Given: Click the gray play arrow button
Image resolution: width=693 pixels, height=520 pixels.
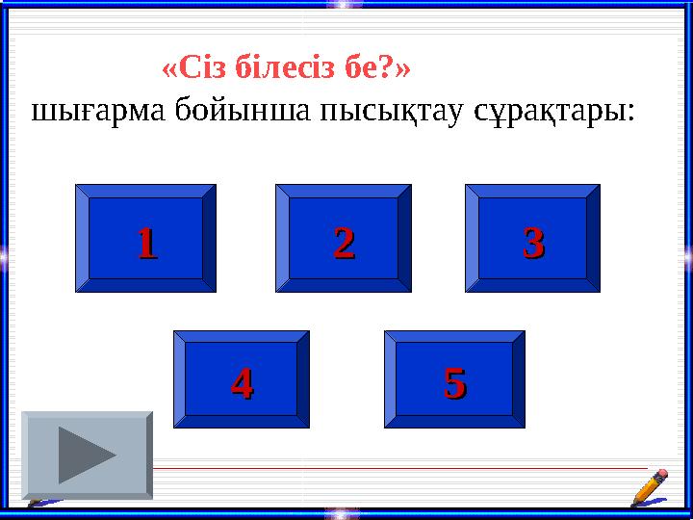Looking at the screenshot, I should coord(87,455).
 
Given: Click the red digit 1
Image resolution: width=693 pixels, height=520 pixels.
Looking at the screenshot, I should coord(145,242).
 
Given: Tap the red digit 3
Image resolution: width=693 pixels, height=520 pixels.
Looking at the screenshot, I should coord(532,242).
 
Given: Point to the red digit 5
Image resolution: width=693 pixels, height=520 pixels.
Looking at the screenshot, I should coord(454,384).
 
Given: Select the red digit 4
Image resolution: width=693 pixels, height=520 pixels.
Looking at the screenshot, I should coord(241,384).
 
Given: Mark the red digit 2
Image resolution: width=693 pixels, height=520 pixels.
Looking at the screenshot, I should coord(344,242).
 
